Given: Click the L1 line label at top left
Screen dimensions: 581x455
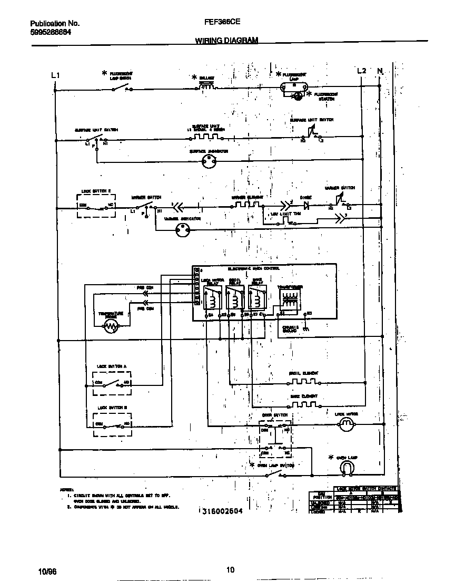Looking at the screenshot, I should coord(55,75).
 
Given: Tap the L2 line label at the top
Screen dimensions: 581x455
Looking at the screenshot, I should coord(361,71).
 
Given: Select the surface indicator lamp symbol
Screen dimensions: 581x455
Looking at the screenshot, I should coord(210,163).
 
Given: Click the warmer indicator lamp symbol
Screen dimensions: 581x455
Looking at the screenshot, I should coord(183,229).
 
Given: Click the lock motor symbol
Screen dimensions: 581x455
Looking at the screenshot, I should coord(346,426).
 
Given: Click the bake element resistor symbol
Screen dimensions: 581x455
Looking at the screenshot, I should coord(303,404).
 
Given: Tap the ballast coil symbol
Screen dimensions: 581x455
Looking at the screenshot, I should coord(206,87).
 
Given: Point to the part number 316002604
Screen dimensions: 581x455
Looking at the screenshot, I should coord(221,511).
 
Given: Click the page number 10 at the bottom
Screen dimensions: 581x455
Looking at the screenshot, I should coord(230,569).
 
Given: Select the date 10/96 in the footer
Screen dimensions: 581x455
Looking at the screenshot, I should coord(46,571).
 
